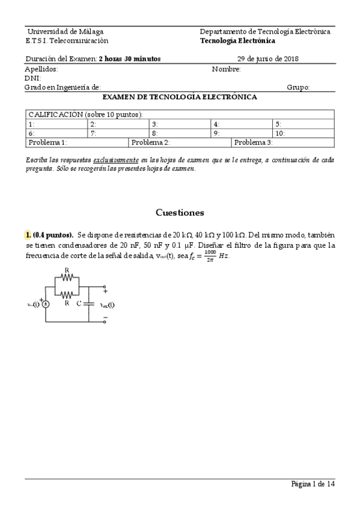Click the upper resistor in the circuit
click(67, 278)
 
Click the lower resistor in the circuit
click(67, 294)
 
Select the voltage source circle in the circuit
click(46, 304)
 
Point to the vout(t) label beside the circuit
click(106, 304)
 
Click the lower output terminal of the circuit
click(105, 321)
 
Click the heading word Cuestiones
click(180, 212)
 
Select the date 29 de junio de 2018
click(268, 59)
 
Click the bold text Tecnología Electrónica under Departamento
click(237, 41)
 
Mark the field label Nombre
click(227, 69)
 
